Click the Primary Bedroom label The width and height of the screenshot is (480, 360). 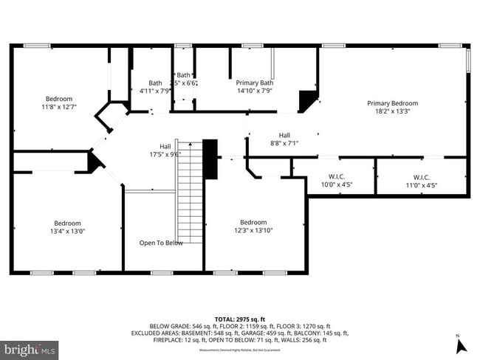[x=392, y=103]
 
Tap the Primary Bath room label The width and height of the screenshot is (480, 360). [x=255, y=83]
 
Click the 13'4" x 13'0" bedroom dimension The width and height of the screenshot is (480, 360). [x=67, y=232]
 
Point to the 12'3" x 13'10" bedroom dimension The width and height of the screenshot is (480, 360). [x=253, y=231]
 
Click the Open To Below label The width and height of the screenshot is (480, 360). [x=161, y=243]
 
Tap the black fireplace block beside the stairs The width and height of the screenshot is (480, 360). [x=211, y=159]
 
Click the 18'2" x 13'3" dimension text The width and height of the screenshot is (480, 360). [x=392, y=112]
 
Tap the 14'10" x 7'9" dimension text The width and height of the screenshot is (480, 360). [x=255, y=91]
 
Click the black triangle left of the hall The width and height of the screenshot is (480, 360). [x=94, y=162]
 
